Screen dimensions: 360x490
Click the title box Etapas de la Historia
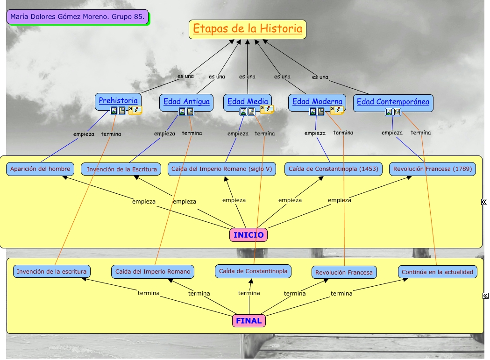click(x=248, y=29)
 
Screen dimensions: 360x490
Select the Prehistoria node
click(x=118, y=100)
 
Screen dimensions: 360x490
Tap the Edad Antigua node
click(x=186, y=101)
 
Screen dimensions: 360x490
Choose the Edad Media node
click(x=248, y=101)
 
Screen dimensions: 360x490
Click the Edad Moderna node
click(x=317, y=101)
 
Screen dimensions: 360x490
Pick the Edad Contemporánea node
click(x=393, y=102)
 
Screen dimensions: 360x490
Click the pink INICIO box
click(x=249, y=235)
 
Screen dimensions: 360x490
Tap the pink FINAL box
click(x=249, y=321)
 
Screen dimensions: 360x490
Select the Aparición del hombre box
click(x=40, y=169)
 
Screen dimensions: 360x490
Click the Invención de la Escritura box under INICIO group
click(x=121, y=169)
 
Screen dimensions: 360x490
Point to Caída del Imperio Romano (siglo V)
click(x=221, y=169)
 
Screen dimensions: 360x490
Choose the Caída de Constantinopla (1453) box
click(x=334, y=169)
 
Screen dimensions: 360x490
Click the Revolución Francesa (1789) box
click(x=432, y=169)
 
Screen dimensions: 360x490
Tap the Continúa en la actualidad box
click(x=438, y=272)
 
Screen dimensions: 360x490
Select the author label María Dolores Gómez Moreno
click(x=78, y=17)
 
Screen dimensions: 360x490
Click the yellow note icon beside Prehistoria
click(x=135, y=110)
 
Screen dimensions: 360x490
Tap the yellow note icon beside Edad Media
click(x=267, y=109)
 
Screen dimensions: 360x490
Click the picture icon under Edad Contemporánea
click(x=389, y=112)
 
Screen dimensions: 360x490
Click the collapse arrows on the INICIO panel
click(x=484, y=202)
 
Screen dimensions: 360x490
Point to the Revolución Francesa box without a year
click(x=344, y=272)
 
